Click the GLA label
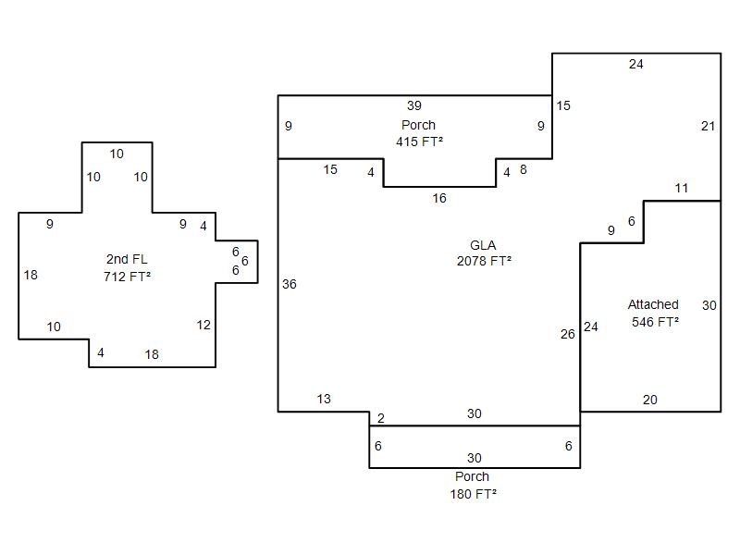(x=483, y=245)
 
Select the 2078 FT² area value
(x=484, y=261)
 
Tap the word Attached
(x=653, y=304)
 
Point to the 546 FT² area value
(x=655, y=322)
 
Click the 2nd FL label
(x=127, y=259)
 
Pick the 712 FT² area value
(x=127, y=276)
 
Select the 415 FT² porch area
(x=419, y=142)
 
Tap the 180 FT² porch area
(x=473, y=494)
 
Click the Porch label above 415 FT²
(x=418, y=125)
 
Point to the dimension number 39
(x=413, y=105)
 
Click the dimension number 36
(x=290, y=284)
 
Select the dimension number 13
(x=323, y=399)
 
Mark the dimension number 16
(x=438, y=198)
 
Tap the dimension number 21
(x=708, y=126)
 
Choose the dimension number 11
(x=681, y=189)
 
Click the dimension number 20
(x=650, y=400)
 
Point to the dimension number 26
(x=568, y=334)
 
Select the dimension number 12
(x=203, y=325)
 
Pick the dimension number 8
(x=523, y=169)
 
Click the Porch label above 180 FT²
(x=472, y=476)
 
